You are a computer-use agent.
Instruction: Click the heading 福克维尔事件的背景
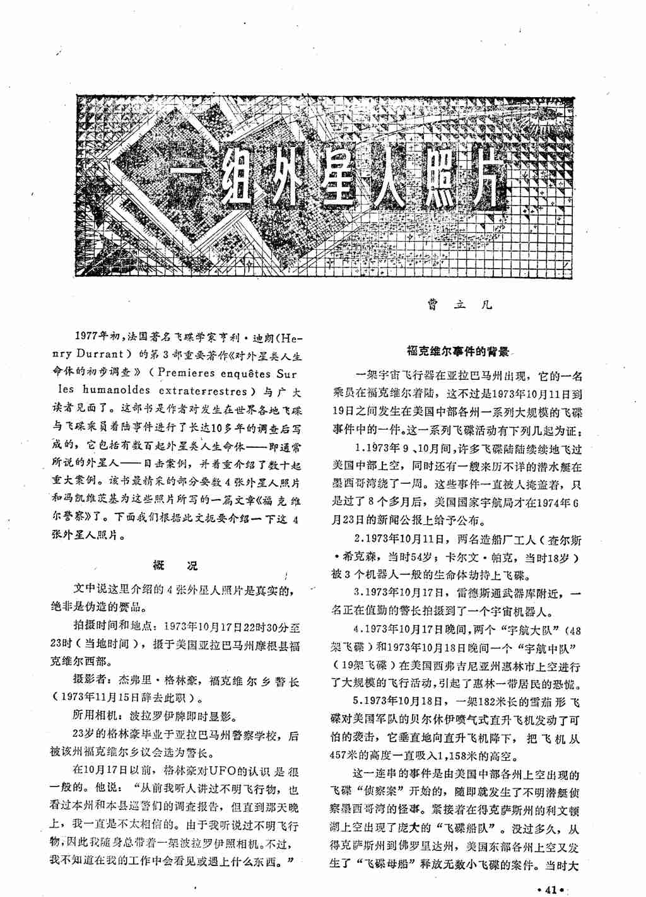click(x=458, y=351)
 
